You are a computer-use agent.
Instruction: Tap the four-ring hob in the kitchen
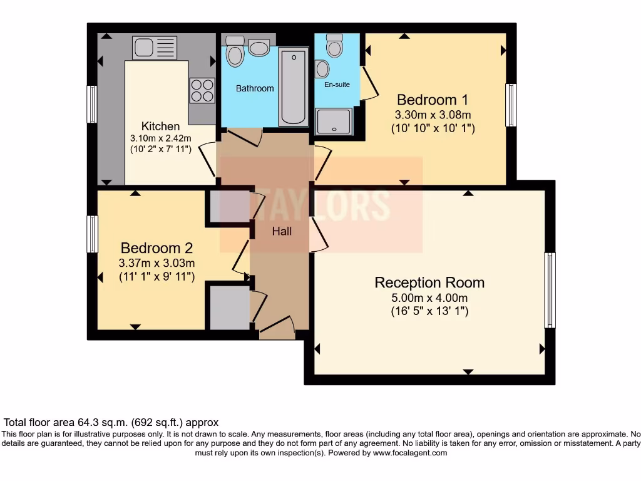[202, 90]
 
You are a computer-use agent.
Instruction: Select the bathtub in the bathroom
[294, 86]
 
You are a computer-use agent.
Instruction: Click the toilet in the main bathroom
[235, 53]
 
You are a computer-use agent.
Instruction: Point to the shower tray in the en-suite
[334, 122]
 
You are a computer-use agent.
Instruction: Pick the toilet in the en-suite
[335, 45]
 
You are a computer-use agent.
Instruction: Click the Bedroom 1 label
[433, 100]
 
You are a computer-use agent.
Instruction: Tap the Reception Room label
[429, 282]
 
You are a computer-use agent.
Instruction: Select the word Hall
[282, 231]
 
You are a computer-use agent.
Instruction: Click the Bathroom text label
[255, 88]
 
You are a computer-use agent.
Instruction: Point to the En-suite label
[337, 85]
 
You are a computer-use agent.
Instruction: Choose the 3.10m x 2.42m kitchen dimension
[160, 138]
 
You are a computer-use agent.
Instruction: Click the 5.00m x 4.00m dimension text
[429, 298]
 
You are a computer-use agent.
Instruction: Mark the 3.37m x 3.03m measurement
[157, 263]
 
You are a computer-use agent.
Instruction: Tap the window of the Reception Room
[550, 290]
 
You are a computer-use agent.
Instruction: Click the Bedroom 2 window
[93, 234]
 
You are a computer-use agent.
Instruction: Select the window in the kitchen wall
[92, 104]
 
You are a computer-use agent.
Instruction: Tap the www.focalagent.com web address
[410, 453]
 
